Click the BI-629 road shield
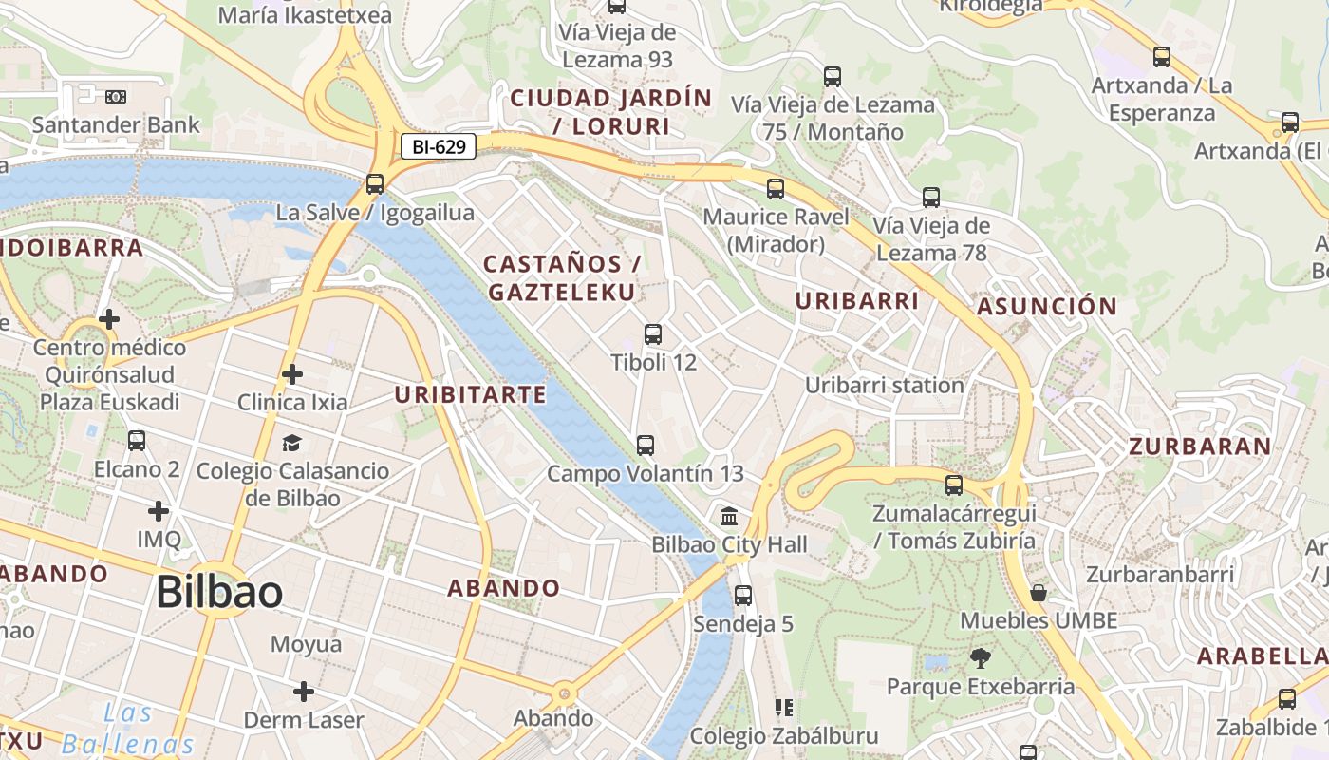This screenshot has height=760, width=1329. coord(438,146)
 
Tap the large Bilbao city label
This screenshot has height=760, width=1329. coord(219,592)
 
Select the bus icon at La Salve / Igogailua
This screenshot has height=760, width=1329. coord(375,184)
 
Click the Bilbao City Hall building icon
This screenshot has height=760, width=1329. coord(729,517)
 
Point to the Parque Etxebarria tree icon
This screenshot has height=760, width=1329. coord(980,657)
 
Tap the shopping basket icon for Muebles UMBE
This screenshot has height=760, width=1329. coord(1039,593)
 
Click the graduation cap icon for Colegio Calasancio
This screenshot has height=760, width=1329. coord(291,444)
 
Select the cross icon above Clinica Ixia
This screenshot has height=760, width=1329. coord(291,374)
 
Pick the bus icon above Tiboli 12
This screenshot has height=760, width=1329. coord(653,334)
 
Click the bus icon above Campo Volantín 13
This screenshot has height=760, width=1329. coord(646,445)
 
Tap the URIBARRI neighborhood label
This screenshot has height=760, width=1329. coord(857,301)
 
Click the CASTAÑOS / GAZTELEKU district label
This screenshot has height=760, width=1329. coord(561,277)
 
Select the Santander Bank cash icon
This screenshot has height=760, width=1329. coord(116,97)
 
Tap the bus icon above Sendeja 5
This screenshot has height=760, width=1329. coord(742,596)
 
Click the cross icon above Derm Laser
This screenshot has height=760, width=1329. coord(303,692)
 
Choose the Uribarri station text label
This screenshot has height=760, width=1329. coord(884,386)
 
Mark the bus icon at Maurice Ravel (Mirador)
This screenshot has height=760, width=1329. coord(776,189)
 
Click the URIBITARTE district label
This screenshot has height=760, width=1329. coord(470,394)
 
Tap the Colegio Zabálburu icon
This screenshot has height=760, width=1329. coord(784,708)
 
